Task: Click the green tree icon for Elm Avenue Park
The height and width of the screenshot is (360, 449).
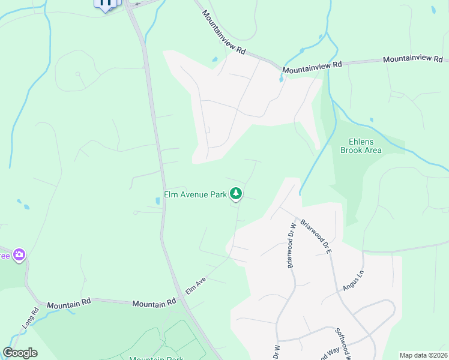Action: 237,193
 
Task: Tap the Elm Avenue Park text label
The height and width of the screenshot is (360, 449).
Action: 196,194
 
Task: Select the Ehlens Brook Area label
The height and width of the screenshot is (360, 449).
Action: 361,146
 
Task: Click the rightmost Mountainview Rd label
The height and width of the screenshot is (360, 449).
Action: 413,59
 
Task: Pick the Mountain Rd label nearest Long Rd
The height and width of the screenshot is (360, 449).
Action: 68,305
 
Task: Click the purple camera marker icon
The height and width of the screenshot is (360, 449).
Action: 19,255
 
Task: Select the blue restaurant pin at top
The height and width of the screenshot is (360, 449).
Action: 106,4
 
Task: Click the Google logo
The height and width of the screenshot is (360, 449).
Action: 20,353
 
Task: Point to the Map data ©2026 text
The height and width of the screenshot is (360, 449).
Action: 423,355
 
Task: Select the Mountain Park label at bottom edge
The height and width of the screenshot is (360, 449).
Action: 155,358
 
